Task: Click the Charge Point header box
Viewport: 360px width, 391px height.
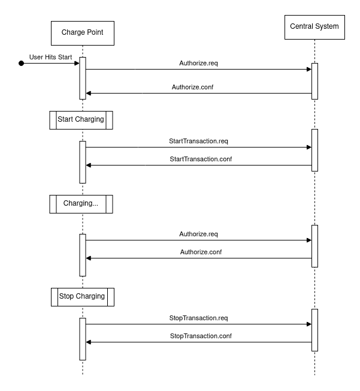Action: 83,33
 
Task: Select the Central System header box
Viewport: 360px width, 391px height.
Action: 314,27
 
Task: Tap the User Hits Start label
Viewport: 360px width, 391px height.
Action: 50,57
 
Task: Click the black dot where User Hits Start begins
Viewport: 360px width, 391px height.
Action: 22,64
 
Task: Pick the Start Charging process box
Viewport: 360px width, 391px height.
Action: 81,120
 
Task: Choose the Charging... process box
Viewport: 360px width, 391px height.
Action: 81,204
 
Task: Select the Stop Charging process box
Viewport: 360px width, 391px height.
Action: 83,297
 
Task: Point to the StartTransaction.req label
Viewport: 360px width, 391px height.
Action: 198,141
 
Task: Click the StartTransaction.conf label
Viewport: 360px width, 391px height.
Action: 201,159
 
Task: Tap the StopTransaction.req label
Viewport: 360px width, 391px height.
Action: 198,318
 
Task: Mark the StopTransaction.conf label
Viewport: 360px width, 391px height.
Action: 201,336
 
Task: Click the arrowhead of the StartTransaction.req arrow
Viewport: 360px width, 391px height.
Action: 309,147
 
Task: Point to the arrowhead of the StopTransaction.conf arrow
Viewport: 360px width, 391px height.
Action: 89,342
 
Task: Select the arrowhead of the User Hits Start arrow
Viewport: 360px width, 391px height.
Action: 77,64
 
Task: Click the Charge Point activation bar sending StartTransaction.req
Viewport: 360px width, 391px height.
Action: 83,162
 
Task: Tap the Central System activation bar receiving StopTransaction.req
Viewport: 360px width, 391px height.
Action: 314,330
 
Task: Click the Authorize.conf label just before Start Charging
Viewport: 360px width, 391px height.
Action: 193,87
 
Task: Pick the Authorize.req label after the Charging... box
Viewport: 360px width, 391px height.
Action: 198,234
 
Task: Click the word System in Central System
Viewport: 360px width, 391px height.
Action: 326,26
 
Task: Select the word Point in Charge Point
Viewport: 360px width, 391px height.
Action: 94,32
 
